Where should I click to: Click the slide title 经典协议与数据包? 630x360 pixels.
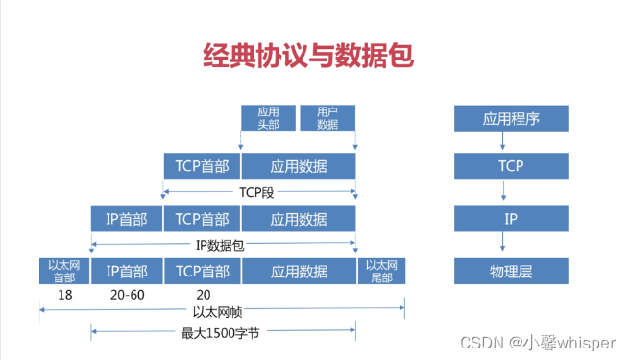coord(307,55)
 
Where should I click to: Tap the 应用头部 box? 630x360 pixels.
coord(268,117)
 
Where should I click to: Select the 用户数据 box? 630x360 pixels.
coord(327,117)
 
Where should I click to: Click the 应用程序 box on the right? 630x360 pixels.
coord(511,119)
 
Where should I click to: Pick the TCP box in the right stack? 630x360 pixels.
coord(511,166)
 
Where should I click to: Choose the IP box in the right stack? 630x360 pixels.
coord(511,219)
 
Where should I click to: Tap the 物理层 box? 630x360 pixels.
coord(511,272)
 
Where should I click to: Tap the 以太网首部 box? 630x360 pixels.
coord(65,271)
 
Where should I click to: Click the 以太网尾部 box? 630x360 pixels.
coord(379,271)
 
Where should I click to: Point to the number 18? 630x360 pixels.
coord(65,294)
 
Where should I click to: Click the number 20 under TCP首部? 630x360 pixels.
coord(202,294)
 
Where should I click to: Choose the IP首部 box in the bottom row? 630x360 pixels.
coord(127,272)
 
